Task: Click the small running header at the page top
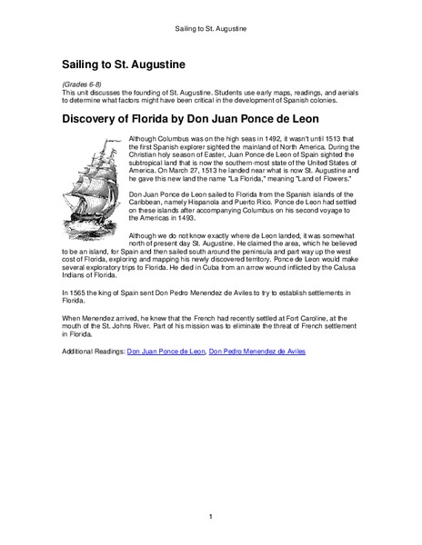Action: pos(211,28)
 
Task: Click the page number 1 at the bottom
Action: pos(211,517)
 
